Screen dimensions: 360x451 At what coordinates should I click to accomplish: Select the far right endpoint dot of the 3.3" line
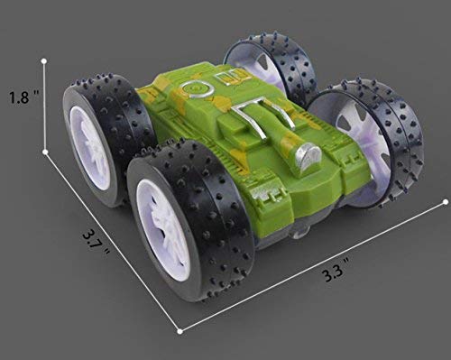pyautogui.click(x=446, y=200)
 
